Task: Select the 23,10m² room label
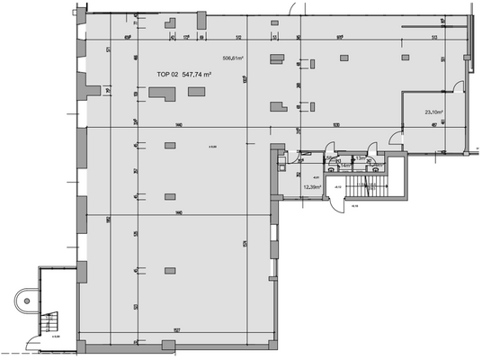[x=435, y=112]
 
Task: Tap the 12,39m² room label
[x=313, y=186]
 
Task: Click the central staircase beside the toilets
[x=365, y=185]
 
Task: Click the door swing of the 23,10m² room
[x=394, y=137]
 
